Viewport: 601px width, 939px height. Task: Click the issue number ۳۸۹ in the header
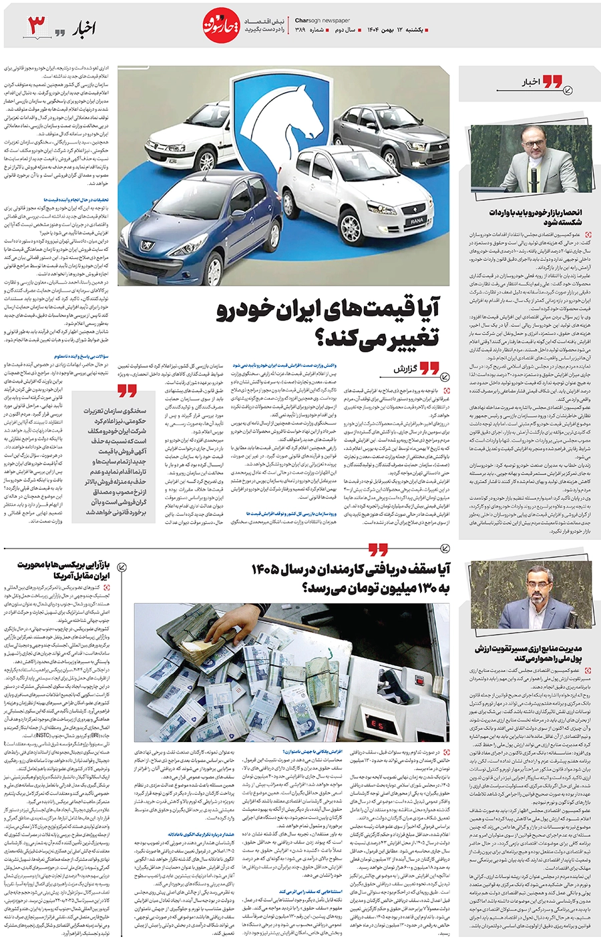click(x=300, y=30)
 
